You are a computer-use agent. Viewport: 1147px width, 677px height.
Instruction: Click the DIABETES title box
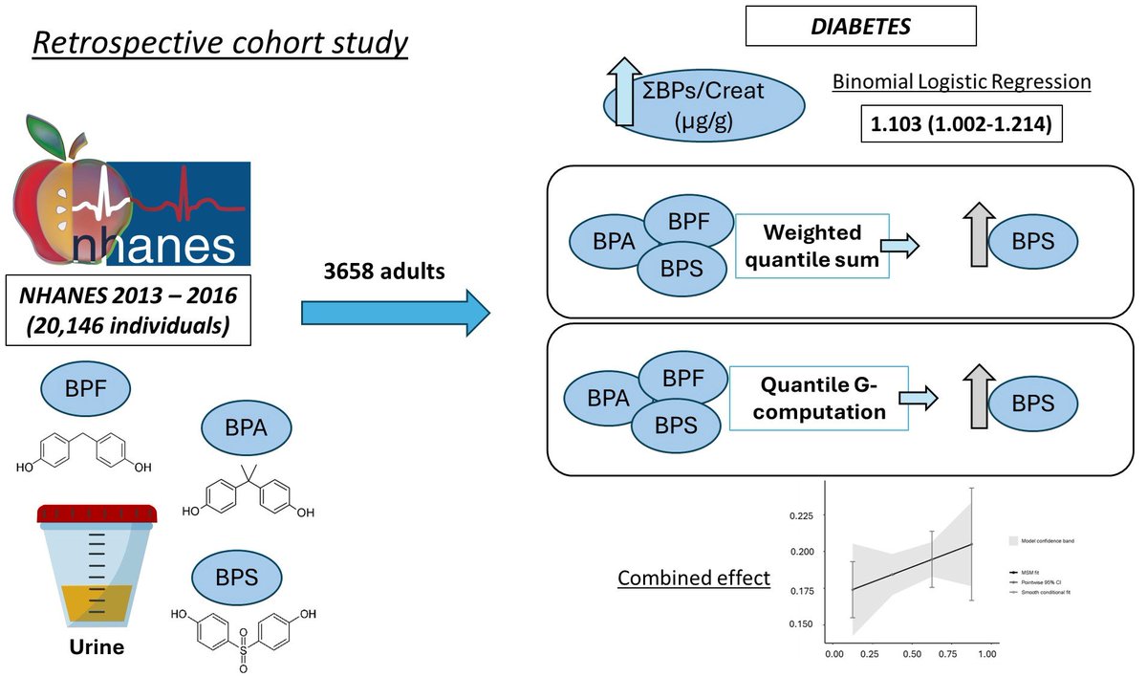click(x=860, y=27)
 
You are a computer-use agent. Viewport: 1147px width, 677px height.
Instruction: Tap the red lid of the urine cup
click(x=97, y=514)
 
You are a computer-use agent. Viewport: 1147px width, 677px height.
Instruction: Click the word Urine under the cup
click(x=97, y=647)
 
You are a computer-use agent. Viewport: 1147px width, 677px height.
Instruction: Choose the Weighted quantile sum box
click(x=812, y=246)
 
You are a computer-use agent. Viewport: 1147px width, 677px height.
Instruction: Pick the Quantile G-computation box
click(x=818, y=399)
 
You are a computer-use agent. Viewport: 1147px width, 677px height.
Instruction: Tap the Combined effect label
click(x=694, y=579)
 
